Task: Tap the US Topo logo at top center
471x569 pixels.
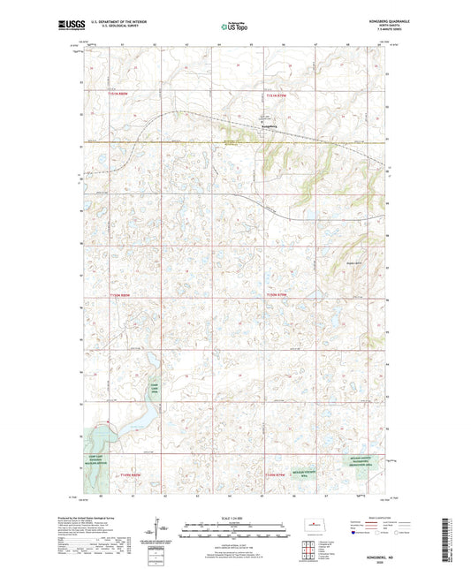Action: (x=234, y=27)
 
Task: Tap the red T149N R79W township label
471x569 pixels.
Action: (x=276, y=478)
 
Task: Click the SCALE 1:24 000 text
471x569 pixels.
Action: (x=234, y=518)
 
